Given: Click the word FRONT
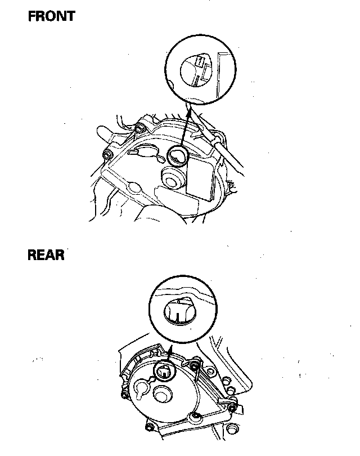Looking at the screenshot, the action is click(x=52, y=16).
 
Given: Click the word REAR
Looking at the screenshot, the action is click(x=46, y=255).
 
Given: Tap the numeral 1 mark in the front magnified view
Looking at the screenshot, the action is click(x=200, y=61).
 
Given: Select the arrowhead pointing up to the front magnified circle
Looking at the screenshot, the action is click(x=188, y=110).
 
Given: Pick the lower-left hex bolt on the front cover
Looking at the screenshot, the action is click(x=108, y=154).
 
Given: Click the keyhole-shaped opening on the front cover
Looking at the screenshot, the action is click(x=143, y=151).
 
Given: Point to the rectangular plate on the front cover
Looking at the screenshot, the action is click(x=200, y=177).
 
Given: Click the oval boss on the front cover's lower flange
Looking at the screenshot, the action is click(x=135, y=186).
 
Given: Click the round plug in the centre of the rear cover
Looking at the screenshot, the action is click(x=162, y=396).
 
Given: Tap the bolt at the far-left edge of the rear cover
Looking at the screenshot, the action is click(x=124, y=396).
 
